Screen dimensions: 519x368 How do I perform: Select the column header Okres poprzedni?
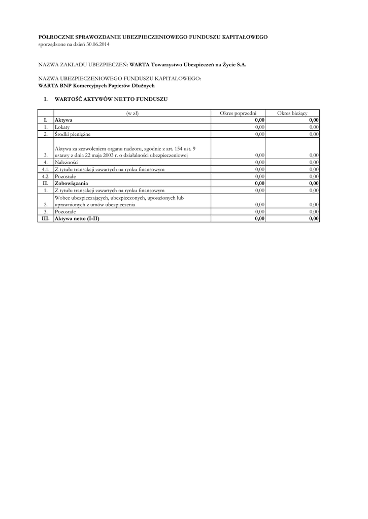238,113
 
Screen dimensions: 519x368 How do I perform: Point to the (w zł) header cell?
132,113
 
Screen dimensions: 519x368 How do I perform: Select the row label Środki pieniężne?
73,134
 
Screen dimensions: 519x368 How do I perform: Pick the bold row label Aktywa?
63,120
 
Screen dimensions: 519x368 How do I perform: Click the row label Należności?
66,162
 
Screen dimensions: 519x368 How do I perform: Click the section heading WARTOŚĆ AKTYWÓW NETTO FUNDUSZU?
111,99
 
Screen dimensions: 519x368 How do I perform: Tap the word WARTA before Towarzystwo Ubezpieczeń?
140,66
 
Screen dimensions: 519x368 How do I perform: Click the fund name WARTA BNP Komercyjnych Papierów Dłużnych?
89,86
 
